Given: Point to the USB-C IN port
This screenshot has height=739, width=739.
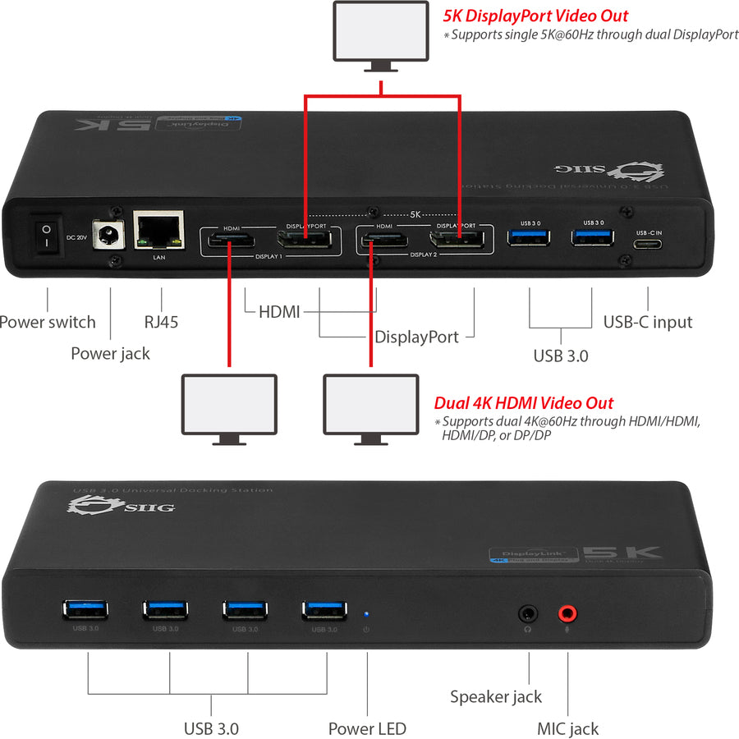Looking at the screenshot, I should point(648,243).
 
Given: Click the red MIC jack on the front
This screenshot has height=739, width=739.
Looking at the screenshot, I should point(567,613).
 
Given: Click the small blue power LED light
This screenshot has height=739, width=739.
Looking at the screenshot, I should point(366,612).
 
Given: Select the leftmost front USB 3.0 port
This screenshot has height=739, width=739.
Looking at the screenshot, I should point(85,610).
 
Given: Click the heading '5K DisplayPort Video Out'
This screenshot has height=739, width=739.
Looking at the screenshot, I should point(535,15).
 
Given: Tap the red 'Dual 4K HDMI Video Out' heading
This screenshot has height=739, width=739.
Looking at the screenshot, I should point(524,402).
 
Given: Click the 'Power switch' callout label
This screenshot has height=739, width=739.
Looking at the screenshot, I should point(48,322).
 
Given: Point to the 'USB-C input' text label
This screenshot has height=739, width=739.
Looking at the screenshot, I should point(648,322).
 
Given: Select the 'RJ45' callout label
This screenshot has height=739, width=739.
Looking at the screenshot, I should point(161,322).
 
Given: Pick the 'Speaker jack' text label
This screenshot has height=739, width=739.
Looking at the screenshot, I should point(496,696).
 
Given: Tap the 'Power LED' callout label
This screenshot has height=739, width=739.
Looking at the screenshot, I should point(367,728).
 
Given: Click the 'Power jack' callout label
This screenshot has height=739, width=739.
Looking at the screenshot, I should point(110,354).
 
